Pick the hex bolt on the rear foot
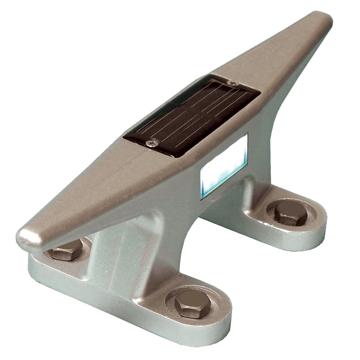click(x=291, y=213)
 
